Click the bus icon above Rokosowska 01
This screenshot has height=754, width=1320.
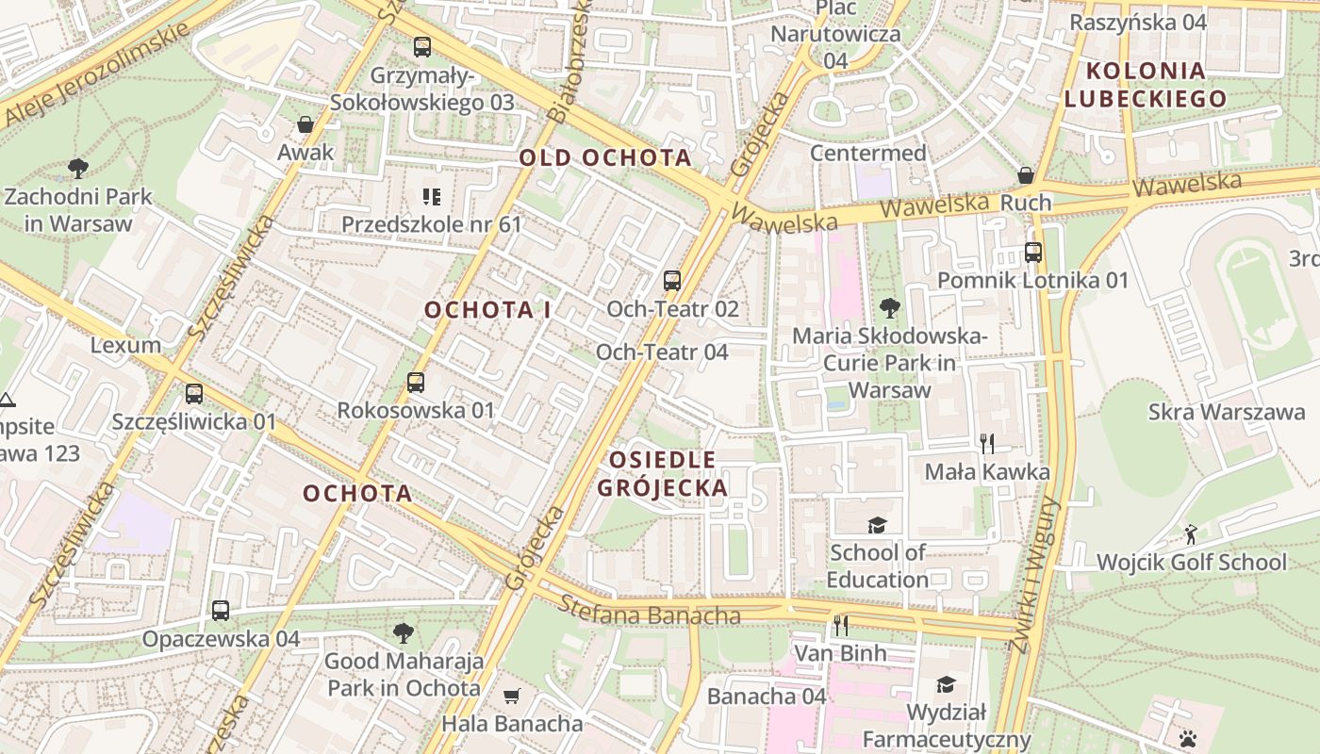point(415,383)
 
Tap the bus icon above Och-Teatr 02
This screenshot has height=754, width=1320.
point(671,280)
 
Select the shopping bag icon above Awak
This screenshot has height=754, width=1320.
point(305,124)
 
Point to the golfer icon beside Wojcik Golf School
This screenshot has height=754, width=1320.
point(1191,534)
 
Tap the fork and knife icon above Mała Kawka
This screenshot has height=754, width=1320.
point(987,443)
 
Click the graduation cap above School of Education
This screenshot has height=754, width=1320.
point(877,525)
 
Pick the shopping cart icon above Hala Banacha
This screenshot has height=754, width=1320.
point(512,697)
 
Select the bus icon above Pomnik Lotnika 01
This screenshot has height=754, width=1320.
point(1032,252)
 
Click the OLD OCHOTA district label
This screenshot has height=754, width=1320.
point(605,157)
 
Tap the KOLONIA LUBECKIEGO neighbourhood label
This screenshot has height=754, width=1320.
point(1146,84)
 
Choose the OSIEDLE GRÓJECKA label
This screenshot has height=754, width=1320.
point(663,473)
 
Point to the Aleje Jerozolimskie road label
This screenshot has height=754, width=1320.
point(98,74)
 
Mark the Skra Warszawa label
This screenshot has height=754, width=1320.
point(1227,412)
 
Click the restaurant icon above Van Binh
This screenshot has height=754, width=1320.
point(840,625)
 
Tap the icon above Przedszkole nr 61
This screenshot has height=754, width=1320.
point(431,197)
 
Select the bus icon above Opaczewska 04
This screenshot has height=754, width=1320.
point(220,611)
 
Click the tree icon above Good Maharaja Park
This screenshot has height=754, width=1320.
point(403,632)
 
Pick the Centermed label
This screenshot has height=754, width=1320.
point(867,153)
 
